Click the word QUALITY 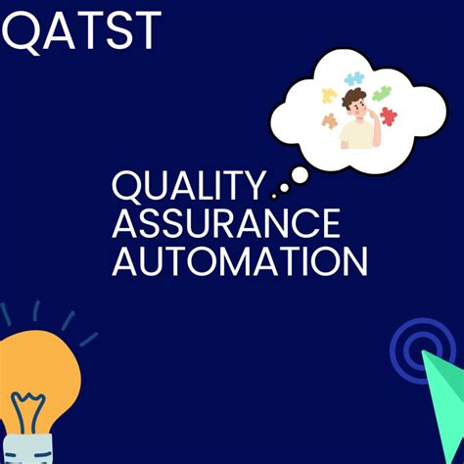[x=189, y=186]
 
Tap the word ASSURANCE [x=226, y=224]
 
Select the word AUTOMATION [x=240, y=261]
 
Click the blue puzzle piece [x=354, y=77]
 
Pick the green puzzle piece [x=382, y=94]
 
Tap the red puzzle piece [x=389, y=116]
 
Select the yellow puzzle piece [x=330, y=96]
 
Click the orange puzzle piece [x=330, y=121]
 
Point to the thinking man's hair [x=354, y=97]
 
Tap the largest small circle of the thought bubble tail [x=301, y=175]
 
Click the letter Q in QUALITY [x=126, y=186]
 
